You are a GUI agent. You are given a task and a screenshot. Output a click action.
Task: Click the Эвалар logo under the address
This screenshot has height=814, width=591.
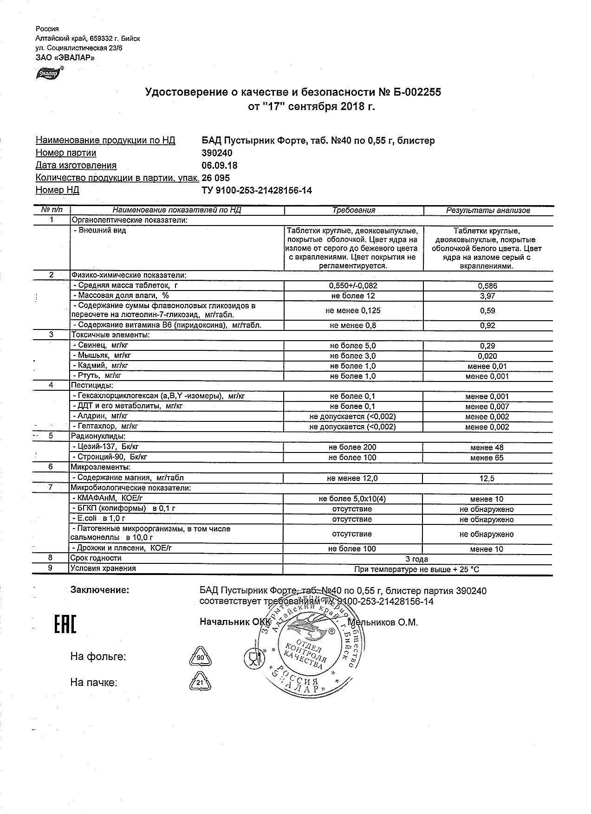(x=48, y=73)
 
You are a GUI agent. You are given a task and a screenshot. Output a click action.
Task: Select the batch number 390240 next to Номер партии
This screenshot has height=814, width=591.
(x=217, y=153)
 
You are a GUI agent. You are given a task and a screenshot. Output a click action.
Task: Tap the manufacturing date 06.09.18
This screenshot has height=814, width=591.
(x=220, y=166)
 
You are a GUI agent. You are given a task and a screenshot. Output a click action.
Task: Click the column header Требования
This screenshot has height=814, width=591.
(x=353, y=210)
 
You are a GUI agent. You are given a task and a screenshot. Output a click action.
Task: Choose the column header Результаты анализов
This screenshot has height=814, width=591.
(x=487, y=210)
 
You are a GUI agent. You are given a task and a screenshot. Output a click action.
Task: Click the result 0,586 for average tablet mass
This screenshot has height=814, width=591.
(x=487, y=286)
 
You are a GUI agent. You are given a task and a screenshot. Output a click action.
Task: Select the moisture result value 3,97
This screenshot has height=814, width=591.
(x=487, y=296)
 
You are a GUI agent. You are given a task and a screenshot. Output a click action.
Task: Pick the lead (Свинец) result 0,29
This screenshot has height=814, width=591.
(x=487, y=346)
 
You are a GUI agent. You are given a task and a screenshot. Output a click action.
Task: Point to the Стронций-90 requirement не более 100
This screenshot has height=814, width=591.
(x=352, y=458)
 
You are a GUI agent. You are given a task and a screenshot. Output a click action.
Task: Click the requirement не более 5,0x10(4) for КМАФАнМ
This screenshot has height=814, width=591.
(x=352, y=499)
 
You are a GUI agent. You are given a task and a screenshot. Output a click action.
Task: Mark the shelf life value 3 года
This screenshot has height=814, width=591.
(x=416, y=559)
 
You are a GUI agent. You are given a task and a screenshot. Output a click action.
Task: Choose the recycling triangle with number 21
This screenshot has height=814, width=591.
(x=200, y=683)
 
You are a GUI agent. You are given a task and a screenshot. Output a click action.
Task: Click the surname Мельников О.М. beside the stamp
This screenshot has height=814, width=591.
(x=383, y=622)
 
